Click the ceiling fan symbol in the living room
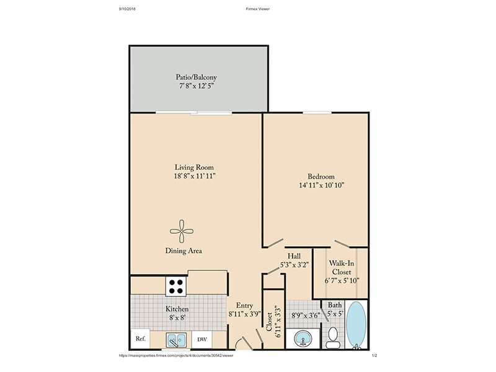click(182, 231)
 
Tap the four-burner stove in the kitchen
click(176, 286)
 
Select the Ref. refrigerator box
click(141, 339)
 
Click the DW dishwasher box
click(202, 339)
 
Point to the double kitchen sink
click(176, 340)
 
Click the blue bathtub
click(356, 325)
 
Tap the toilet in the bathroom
click(333, 338)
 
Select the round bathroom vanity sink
click(303, 339)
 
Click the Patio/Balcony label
click(196, 77)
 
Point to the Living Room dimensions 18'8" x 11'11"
click(195, 176)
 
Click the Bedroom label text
click(321, 177)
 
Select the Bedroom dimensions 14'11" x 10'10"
click(321, 185)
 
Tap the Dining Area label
click(184, 251)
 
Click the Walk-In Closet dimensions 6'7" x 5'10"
click(342, 280)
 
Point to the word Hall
click(294, 256)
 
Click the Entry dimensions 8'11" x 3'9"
click(244, 314)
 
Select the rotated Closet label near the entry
click(269, 322)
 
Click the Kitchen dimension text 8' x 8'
click(177, 317)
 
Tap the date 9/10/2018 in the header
click(127, 9)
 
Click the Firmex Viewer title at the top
click(258, 9)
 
